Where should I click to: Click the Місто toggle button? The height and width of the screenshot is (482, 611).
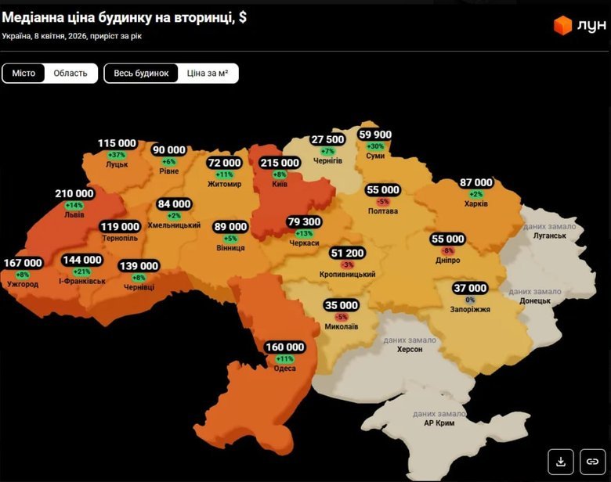[23, 73]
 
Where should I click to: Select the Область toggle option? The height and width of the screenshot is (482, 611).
[70, 73]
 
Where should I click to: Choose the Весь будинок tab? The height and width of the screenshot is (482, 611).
[141, 73]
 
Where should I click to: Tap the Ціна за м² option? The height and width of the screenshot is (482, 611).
[208, 73]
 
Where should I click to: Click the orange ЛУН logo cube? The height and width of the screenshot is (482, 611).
[562, 26]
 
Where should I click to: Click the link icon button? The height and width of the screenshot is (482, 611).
[593, 462]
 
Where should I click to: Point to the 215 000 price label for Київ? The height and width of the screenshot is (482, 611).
[280, 163]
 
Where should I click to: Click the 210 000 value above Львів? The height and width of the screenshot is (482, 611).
[74, 193]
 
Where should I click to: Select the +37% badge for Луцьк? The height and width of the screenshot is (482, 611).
[117, 155]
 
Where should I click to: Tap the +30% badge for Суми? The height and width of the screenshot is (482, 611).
[375, 146]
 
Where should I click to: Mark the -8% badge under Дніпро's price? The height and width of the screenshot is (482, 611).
[448, 250]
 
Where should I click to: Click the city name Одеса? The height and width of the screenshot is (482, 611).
[284, 369]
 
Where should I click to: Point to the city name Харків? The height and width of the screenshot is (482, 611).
[476, 203]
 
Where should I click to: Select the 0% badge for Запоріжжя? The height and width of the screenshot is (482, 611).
[470, 300]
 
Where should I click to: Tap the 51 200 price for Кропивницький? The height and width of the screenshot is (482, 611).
[347, 254]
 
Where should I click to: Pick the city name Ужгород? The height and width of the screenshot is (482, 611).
[23, 283]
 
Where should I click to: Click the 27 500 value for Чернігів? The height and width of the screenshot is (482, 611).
[327, 139]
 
